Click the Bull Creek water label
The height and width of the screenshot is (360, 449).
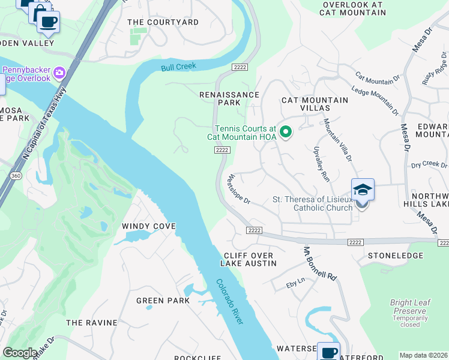click(x=178, y=67)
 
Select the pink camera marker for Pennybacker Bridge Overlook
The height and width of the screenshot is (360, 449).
click(x=59, y=73)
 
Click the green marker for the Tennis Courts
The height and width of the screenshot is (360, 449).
click(x=286, y=132)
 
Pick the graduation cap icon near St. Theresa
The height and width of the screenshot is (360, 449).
click(x=363, y=190)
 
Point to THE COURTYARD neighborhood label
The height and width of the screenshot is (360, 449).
click(x=163, y=22)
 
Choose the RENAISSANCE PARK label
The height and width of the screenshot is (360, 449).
click(x=229, y=99)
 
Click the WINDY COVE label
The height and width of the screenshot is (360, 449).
click(x=149, y=226)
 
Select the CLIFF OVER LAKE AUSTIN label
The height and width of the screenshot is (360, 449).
click(x=249, y=259)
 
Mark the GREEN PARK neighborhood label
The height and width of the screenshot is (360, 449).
click(x=163, y=301)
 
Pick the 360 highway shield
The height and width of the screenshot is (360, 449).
click(x=16, y=175)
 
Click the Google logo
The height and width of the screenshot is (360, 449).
click(x=19, y=353)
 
